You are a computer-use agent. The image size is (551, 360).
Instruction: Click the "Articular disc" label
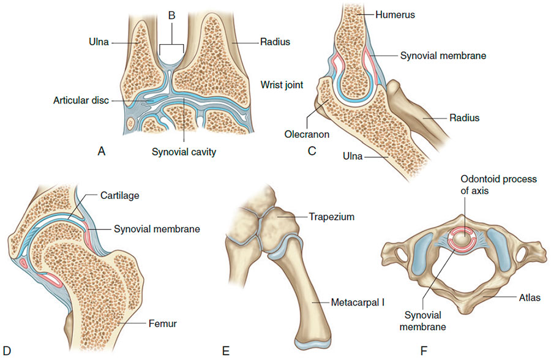coord(81,100)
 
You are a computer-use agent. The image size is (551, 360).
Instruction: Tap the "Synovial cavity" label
coord(184,152)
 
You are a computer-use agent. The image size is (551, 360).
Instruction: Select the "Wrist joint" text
coord(282,85)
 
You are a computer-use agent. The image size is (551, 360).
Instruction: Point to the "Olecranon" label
coord(307,134)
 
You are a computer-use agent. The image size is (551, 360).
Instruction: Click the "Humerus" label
coord(395,15)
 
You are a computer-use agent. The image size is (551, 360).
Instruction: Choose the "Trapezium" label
coord(332,217)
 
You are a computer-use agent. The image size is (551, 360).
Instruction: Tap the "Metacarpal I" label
coord(358,302)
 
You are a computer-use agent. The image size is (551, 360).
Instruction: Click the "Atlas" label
coord(530,298)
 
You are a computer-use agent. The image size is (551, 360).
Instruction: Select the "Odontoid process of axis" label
coord(498,185)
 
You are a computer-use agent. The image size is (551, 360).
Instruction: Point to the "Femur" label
coord(163,323)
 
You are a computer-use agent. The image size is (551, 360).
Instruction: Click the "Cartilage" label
coord(120,195)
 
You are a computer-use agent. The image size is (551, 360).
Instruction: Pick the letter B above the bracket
coord(172,15)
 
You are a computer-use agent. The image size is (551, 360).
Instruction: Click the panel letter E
coord(226,351)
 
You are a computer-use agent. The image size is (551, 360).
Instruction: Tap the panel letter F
coord(424,351)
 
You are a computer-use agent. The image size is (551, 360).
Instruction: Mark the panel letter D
coord(7,351)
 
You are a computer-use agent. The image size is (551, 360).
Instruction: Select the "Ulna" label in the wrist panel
coord(99,42)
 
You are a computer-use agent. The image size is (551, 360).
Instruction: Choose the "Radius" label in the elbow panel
coord(465,118)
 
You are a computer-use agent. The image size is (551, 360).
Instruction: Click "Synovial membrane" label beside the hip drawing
coord(157,229)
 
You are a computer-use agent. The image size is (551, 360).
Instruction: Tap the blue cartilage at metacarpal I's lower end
coord(313,343)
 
